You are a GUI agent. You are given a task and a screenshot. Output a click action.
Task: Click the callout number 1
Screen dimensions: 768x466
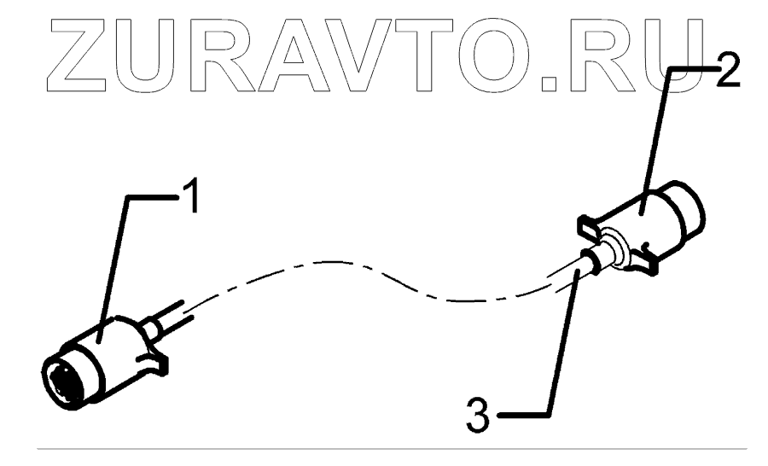(x=192, y=199)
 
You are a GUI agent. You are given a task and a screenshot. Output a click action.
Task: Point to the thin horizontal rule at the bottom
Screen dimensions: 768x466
(x=384, y=446)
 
